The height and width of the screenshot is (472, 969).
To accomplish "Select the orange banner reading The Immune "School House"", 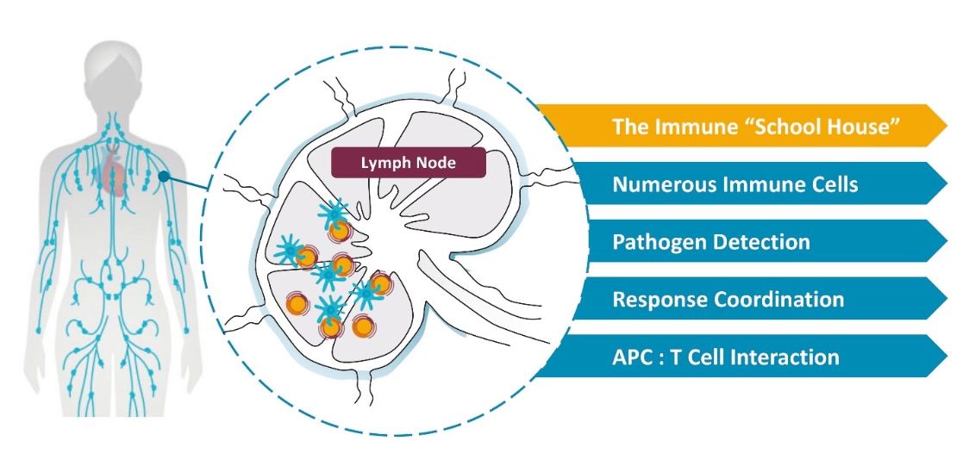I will click(741, 126).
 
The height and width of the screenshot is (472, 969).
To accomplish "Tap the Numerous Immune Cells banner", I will click(741, 183).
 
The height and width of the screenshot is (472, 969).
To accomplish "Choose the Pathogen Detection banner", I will click(741, 241).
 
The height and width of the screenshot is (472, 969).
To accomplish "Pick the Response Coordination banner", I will click(741, 299).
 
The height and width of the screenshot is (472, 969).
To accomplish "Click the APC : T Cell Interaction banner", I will click(741, 356).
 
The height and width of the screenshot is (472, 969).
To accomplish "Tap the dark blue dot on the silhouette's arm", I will click(164, 177).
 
